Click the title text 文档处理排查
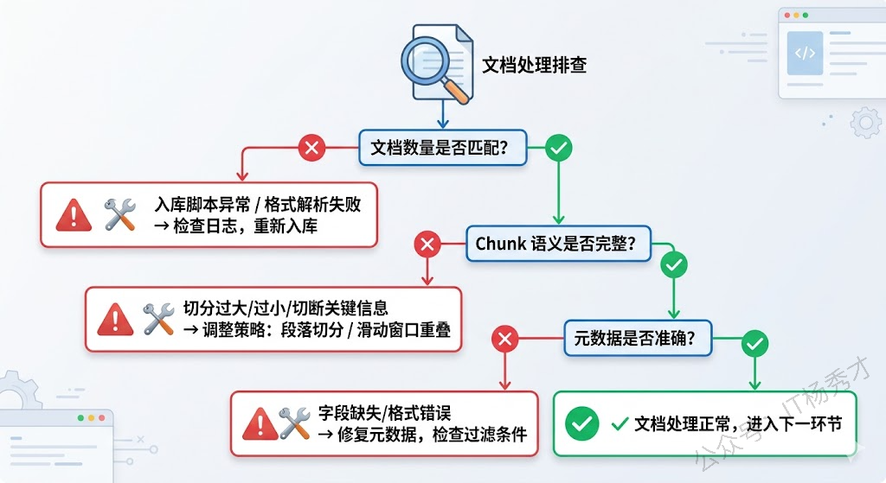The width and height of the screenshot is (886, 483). [534, 66]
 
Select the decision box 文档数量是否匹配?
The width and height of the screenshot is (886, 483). [437, 148]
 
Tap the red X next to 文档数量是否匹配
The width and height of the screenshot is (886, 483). [311, 148]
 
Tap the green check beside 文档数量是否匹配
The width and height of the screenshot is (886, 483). [559, 148]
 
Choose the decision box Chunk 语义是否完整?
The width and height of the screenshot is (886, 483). [555, 244]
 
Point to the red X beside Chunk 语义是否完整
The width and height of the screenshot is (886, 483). [427, 245]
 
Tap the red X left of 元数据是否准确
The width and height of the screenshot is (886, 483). [504, 340]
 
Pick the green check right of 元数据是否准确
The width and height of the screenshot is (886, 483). [755, 343]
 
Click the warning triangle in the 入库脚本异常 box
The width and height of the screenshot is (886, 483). [74, 215]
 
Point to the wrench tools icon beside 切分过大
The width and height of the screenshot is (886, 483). [158, 319]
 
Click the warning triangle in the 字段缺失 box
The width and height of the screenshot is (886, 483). [260, 423]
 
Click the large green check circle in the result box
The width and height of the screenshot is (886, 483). [582, 423]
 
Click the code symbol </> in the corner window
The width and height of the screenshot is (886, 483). [805, 54]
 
